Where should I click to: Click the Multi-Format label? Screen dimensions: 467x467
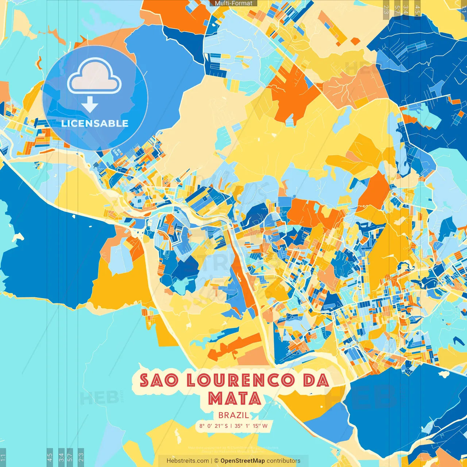pos(233,3)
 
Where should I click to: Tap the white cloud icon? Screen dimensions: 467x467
pos(94,77)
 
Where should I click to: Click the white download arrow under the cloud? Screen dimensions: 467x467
pos(90,105)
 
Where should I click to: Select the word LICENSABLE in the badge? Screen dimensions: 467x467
pos(95,123)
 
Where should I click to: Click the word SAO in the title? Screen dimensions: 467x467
pos(159,381)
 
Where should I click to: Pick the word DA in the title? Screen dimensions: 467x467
pos(316,381)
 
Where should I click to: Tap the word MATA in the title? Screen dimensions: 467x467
pos(234,398)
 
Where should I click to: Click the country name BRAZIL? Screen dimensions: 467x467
pos(234,415)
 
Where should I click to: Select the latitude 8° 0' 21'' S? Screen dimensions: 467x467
pos(213,426)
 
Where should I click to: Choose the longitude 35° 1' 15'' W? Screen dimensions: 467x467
pos(251,426)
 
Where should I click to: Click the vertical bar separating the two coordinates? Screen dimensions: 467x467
pos(231,426)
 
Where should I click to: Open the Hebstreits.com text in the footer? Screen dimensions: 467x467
pos(188,461)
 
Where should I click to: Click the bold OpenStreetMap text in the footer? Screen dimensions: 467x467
pos(243,461)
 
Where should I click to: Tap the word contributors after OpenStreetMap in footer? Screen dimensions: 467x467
pos(283,461)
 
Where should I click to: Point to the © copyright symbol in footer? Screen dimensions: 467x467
pos(216,461)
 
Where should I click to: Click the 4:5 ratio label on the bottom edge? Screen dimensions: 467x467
pos(50,457)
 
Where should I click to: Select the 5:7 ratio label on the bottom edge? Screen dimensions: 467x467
pos(70,457)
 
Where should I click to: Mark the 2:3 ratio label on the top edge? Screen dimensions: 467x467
pos(386,9)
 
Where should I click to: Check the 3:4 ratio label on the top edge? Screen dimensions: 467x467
pos(406,9)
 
